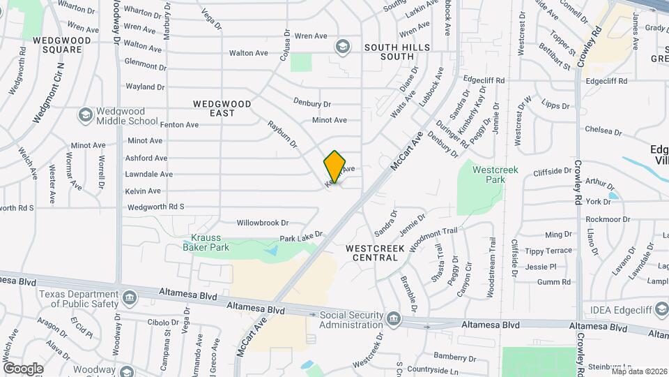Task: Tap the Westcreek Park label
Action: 493,175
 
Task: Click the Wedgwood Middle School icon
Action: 85,115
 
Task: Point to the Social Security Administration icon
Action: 394,320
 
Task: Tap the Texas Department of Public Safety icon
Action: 129,299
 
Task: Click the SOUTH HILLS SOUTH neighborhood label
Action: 397,52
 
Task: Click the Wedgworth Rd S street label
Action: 156,207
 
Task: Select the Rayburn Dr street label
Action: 283,135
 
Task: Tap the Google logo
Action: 23,368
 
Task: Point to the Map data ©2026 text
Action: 639,371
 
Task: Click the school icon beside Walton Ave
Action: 341,47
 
